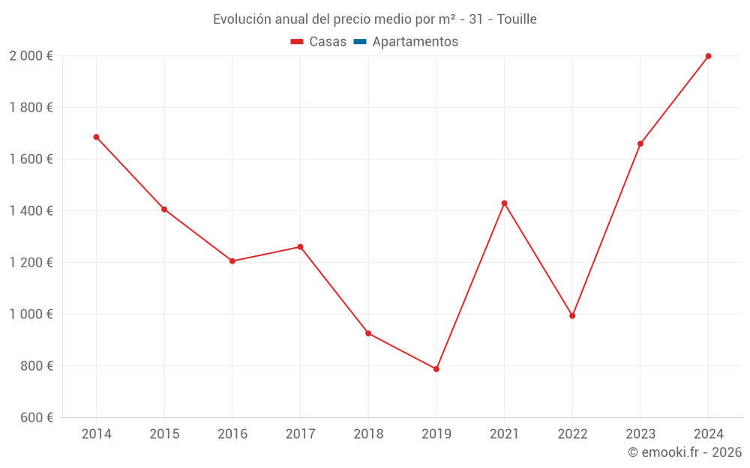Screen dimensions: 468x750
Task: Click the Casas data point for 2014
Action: (96, 137)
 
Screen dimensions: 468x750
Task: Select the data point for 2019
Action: (436, 369)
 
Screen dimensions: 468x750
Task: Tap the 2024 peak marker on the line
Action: (708, 56)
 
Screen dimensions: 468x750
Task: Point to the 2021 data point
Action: (504, 203)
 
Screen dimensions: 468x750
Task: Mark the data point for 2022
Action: (572, 316)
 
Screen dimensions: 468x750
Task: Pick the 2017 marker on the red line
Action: (300, 247)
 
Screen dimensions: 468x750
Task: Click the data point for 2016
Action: (232, 261)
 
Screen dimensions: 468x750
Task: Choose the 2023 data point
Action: (640, 144)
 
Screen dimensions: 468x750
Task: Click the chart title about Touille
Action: (375, 19)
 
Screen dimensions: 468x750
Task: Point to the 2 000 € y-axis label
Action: (31, 56)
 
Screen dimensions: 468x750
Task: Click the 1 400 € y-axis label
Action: (31, 211)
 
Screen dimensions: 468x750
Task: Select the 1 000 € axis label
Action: (31, 314)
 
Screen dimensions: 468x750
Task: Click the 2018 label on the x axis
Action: (368, 434)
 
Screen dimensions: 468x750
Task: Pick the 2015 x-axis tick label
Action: (164, 434)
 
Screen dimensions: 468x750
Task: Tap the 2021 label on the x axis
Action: (504, 434)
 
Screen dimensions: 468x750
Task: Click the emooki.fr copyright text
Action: (684, 452)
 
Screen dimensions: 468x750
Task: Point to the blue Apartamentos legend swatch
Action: (359, 42)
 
